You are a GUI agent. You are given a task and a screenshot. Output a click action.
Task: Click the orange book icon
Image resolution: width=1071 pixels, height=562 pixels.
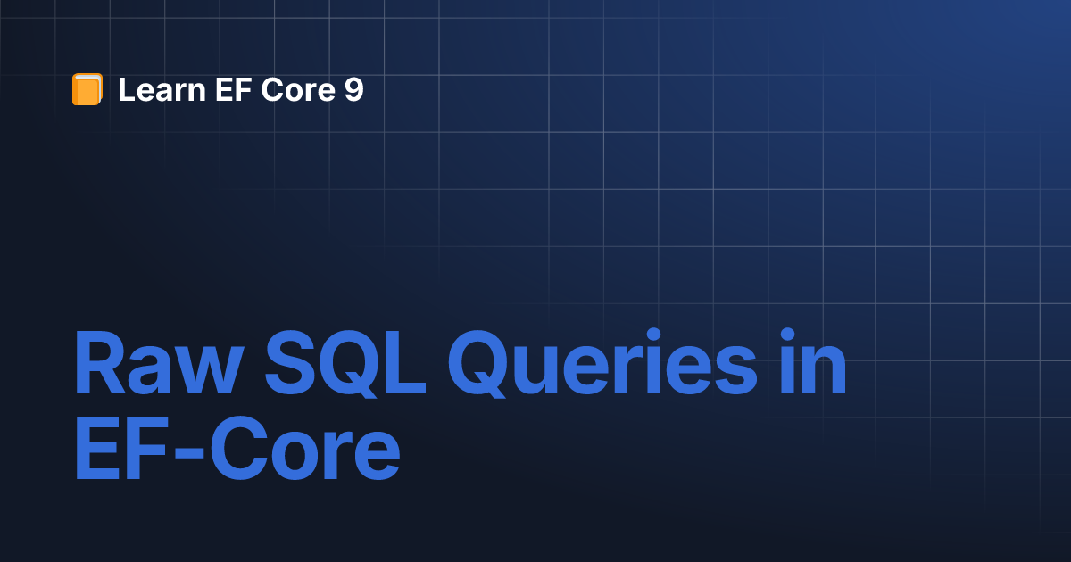coord(87,89)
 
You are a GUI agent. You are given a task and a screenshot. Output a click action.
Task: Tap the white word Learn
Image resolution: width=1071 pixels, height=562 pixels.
coord(162,89)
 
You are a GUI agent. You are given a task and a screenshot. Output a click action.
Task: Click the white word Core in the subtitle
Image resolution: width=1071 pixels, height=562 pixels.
coord(298,89)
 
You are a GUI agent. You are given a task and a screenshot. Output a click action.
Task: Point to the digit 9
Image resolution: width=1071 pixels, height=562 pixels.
coord(353,89)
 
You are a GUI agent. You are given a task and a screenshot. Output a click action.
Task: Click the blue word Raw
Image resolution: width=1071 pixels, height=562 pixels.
coord(159,363)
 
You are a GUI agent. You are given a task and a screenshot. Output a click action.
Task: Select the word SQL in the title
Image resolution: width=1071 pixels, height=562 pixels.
coord(345,364)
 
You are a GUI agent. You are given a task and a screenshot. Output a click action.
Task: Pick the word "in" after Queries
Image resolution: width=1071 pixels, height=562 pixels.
coord(813,361)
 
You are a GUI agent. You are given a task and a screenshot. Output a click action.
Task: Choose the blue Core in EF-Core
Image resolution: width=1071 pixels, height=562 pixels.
coord(305,448)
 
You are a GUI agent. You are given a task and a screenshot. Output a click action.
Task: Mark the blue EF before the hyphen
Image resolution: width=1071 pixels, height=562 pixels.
coord(121,448)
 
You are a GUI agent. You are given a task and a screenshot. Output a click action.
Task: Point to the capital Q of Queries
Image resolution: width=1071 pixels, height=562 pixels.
coord(480,364)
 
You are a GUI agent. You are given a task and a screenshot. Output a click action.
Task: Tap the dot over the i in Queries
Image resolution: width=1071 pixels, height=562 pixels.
coord(653,335)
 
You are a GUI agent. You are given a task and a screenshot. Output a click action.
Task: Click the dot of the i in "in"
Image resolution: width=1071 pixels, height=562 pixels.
coord(787,335)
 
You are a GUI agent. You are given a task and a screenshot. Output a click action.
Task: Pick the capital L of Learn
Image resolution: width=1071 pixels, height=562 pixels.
coord(127,89)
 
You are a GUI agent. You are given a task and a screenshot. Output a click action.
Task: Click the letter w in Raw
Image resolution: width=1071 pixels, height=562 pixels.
coord(208,370)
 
